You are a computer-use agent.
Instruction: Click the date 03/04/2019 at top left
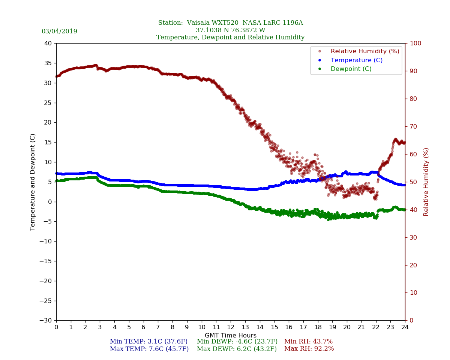(59, 31)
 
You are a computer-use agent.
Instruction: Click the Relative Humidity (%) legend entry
(364, 51)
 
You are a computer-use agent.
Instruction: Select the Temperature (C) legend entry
(356, 60)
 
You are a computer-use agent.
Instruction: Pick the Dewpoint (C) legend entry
(351, 69)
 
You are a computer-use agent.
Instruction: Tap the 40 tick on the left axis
(48, 43)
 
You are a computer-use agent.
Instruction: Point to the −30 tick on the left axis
(45, 321)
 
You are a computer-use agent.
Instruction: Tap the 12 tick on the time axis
(231, 327)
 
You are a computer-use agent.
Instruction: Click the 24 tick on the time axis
(405, 327)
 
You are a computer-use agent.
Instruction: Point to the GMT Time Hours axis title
(231, 336)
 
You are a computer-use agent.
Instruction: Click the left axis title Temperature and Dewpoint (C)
(33, 182)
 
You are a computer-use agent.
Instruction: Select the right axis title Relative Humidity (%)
(426, 182)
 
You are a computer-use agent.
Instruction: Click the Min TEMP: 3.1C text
(148, 342)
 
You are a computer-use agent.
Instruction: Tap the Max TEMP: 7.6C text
(149, 349)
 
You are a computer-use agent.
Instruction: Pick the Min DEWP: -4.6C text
(237, 342)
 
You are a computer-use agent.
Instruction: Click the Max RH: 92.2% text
(309, 349)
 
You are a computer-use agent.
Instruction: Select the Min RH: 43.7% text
(308, 342)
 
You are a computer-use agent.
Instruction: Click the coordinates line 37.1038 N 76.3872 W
(230, 30)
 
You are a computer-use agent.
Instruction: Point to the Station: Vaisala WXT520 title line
(230, 23)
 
